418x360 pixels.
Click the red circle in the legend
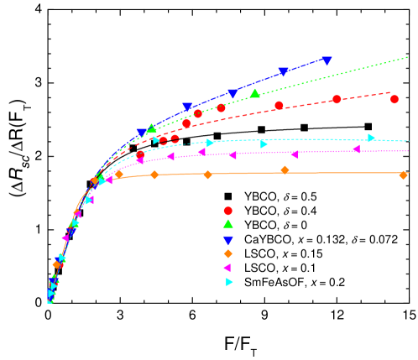[x=228, y=211]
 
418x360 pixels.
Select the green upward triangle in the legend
[x=228, y=224]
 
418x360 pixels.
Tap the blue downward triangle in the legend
[x=228, y=240]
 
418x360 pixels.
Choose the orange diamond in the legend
[x=228, y=253]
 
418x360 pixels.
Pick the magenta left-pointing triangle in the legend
[x=227, y=268]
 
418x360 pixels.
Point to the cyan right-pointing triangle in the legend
[x=229, y=282]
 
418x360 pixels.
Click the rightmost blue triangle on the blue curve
[x=327, y=60]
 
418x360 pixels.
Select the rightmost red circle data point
[x=394, y=99]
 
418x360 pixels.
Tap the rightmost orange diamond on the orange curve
[x=403, y=175]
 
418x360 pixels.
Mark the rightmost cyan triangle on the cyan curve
[x=371, y=138]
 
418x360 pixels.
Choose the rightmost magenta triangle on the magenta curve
[x=356, y=149]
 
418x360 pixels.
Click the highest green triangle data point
[x=254, y=93]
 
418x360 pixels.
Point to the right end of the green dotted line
[x=408, y=57]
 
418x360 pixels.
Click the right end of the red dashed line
[x=390, y=92]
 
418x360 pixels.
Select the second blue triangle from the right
[x=283, y=71]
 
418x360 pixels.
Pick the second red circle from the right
[x=337, y=99]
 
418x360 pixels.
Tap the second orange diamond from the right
[x=285, y=170]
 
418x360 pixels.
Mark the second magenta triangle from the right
[x=294, y=154]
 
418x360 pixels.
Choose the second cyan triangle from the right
[x=264, y=144]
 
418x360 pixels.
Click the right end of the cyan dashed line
[x=409, y=141]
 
